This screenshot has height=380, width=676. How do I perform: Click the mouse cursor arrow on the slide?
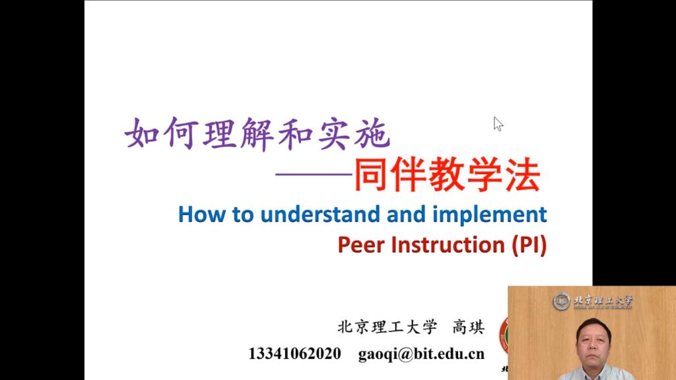click(x=498, y=124)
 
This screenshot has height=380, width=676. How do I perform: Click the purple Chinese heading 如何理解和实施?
click(x=257, y=134)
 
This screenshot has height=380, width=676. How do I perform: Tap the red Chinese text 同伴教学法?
click(x=447, y=174)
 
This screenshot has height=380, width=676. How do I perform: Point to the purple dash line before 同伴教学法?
click(x=314, y=174)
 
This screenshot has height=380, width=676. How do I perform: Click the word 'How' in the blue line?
click(x=201, y=214)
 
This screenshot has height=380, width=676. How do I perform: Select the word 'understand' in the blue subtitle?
click(x=321, y=214)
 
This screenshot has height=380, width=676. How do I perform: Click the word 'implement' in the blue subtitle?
click(x=490, y=215)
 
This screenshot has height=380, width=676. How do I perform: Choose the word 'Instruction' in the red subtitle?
click(x=448, y=245)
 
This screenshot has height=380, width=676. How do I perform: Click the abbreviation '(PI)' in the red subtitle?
click(x=529, y=245)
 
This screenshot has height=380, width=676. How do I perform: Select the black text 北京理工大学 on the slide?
click(x=387, y=327)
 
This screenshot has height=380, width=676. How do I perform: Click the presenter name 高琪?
click(x=468, y=327)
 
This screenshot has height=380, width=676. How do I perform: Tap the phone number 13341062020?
click(x=294, y=354)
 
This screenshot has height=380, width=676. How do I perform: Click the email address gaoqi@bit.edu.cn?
click(x=421, y=354)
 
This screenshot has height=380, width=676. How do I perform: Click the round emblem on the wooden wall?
click(x=562, y=301)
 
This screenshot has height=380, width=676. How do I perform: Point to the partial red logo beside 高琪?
click(x=504, y=336)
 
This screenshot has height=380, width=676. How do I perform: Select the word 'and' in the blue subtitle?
click(x=407, y=214)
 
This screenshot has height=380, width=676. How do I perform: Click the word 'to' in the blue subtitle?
click(x=243, y=215)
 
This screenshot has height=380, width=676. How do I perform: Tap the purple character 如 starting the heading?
click(x=141, y=133)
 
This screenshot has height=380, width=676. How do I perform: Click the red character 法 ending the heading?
click(x=523, y=174)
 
